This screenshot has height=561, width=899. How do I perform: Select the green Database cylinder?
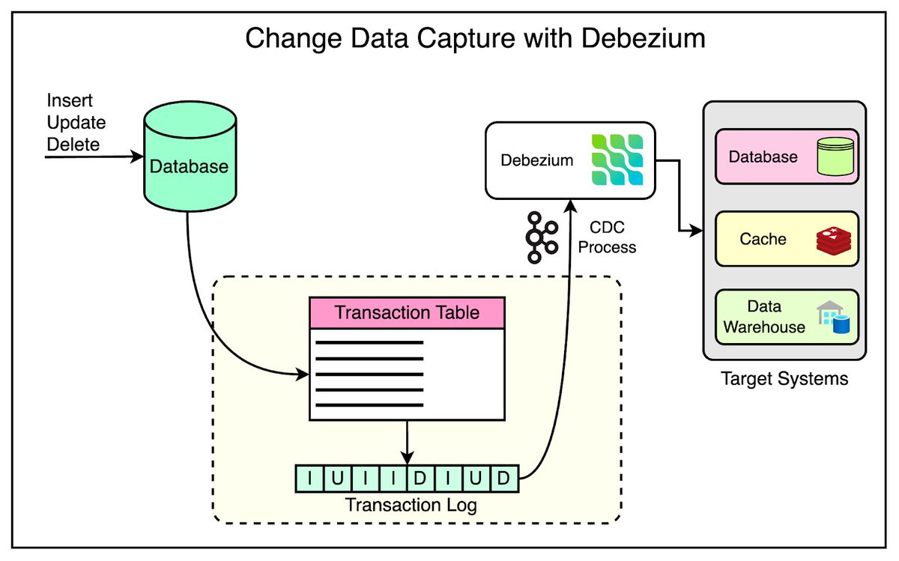coord(188,165)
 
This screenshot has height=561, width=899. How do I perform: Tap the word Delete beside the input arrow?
coord(73,144)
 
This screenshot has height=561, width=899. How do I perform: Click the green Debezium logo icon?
coord(617,160)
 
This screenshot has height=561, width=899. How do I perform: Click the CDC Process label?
coord(607,237)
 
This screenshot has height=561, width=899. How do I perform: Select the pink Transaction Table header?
coord(407,312)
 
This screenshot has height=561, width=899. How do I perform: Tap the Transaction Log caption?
coord(411,505)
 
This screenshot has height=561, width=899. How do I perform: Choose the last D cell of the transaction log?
coord(504,478)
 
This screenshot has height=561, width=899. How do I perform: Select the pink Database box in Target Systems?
coord(786,157)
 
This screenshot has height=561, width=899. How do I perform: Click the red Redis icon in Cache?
coord(832,240)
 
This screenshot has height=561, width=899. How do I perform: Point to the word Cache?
coord(763,239)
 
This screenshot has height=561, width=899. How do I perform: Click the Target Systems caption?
coord(784,378)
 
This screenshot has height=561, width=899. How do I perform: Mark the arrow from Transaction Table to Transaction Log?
coord(406,441)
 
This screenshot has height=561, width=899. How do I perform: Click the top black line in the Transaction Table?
coord(369,343)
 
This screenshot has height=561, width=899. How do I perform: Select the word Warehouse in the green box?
coord(764,327)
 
